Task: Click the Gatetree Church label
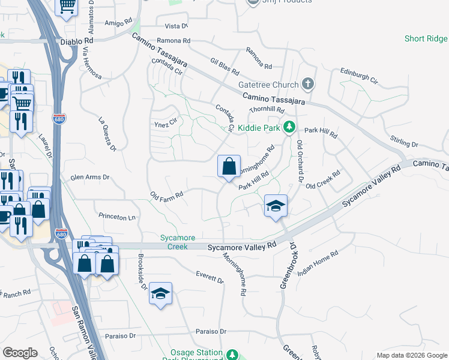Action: point(268,85)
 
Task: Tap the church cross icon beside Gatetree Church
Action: point(308,83)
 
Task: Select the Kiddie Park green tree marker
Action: point(289,127)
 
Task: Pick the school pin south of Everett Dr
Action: point(160,293)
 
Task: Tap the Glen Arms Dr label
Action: point(91,178)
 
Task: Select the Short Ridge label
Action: point(426,39)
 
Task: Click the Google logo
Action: point(20,353)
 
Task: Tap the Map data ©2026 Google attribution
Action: point(411,355)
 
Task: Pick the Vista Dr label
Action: point(176,26)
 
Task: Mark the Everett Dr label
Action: point(209,277)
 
